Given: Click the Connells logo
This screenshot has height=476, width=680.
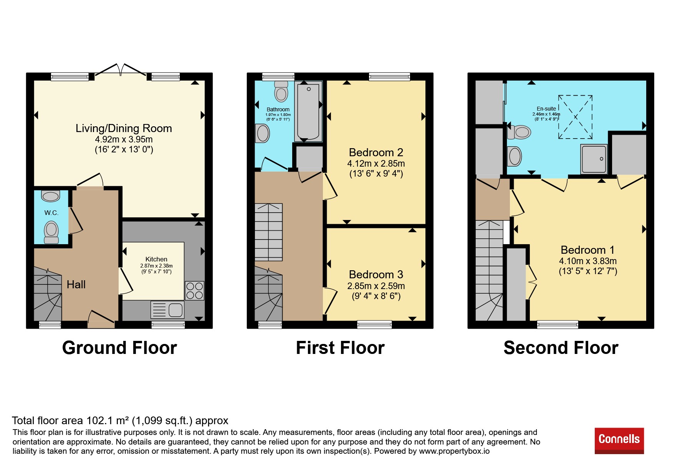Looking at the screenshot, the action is click(x=619, y=440).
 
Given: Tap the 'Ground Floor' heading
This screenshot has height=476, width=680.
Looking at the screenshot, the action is click(x=119, y=348).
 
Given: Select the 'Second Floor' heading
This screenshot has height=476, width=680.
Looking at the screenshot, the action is click(x=561, y=348).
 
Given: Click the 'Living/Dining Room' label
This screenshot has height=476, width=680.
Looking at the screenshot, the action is click(x=124, y=128).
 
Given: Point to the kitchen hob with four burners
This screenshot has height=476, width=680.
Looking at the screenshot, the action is click(x=195, y=291).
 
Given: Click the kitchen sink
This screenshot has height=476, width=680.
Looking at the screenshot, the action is click(x=168, y=310).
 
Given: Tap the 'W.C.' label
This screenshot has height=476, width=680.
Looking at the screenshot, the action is click(x=51, y=213).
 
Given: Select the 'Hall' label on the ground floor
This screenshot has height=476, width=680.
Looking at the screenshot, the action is click(x=76, y=284).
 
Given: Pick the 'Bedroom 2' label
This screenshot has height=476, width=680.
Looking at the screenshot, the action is click(x=376, y=152).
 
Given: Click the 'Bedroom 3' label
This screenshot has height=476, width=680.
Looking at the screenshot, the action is click(x=376, y=274).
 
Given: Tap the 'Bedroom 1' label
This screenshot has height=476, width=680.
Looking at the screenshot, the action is click(x=587, y=250).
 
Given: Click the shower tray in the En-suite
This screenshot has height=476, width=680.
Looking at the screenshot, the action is click(x=594, y=159).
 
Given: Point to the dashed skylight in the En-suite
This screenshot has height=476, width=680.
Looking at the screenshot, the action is click(x=575, y=117).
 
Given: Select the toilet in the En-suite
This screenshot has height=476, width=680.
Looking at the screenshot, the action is click(x=519, y=132).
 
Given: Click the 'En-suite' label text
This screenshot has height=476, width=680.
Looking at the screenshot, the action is click(x=546, y=109).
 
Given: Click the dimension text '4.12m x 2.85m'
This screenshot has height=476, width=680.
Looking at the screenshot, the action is click(x=376, y=164).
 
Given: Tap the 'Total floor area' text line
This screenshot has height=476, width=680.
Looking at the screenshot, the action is click(x=120, y=421).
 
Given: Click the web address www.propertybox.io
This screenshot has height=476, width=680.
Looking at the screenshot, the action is click(x=454, y=451).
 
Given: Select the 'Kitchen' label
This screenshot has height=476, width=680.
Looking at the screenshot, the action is click(x=156, y=259).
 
